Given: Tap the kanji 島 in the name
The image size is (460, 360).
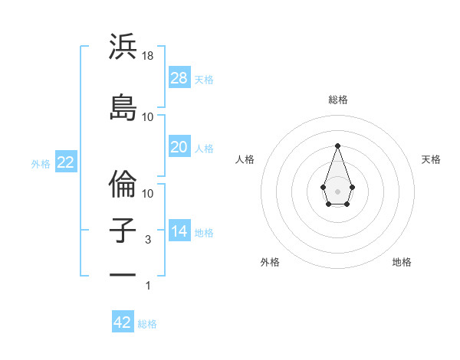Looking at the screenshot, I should point(123,107).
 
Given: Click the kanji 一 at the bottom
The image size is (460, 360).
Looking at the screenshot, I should point(123,273).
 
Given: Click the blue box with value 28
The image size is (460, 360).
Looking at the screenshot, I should point(179,77).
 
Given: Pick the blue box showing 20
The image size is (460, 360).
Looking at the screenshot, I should point(179,147).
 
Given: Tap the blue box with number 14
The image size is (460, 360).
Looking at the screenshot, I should point(179,231).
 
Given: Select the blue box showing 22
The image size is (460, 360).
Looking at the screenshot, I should point(66,162).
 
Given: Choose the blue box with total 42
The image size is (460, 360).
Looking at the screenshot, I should point(123,322).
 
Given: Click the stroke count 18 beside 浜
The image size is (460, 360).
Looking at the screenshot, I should point(148,56).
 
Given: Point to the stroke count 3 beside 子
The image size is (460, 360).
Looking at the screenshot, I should point(148,240).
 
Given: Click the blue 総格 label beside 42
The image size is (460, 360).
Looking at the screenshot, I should point(147,324).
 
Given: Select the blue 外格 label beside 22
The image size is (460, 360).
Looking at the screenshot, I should point(41,163).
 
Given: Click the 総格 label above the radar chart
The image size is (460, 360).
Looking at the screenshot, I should point(337,100).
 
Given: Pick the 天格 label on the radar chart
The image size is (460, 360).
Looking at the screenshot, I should point(431,159).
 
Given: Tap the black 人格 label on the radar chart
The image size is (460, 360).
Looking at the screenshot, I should point(245,159).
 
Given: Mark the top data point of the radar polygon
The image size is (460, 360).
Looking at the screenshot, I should point(337,146).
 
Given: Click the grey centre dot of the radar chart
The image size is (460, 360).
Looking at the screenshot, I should point(337,190).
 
